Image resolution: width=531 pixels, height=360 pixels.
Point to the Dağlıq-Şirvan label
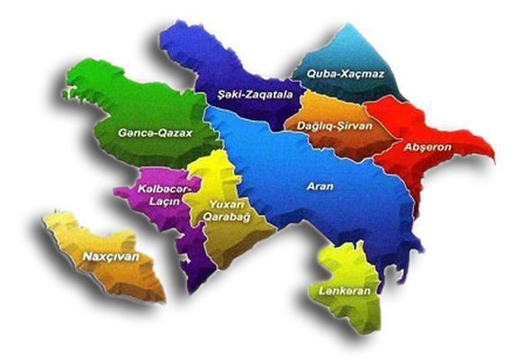[x=329, y=127]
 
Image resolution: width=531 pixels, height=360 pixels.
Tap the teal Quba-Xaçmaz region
[x=360, y=54]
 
